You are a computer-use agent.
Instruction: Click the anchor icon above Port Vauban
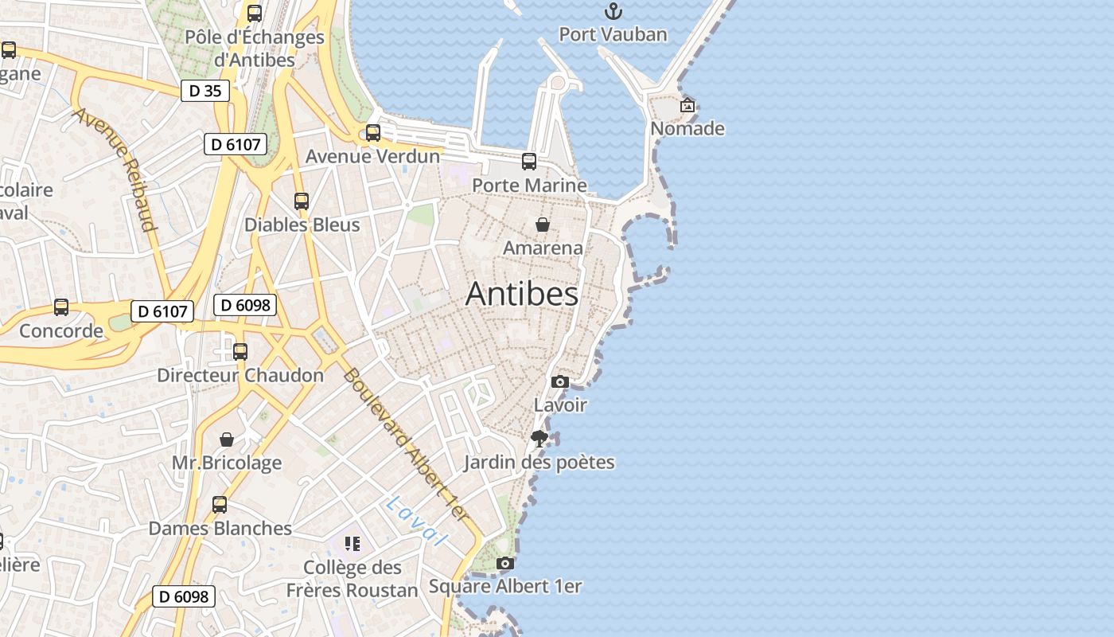pyautogui.click(x=613, y=11)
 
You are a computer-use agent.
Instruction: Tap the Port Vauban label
pyautogui.click(x=613, y=34)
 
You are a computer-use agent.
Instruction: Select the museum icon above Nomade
pyautogui.click(x=687, y=105)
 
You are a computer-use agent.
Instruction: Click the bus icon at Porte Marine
pyautogui.click(x=529, y=162)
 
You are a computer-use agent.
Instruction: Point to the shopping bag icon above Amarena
pyautogui.click(x=543, y=225)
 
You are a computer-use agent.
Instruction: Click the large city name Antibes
pyautogui.click(x=522, y=294)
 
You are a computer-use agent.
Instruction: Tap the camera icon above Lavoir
pyautogui.click(x=560, y=381)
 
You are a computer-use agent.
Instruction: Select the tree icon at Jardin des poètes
pyautogui.click(x=539, y=438)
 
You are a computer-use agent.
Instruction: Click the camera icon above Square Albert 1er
pyautogui.click(x=505, y=563)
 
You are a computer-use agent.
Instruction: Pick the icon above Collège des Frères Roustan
pyautogui.click(x=353, y=544)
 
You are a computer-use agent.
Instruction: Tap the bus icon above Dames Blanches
pyautogui.click(x=220, y=504)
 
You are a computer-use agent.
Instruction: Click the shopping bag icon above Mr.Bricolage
pyautogui.click(x=227, y=440)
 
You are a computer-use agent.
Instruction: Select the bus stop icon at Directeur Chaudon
pyautogui.click(x=240, y=351)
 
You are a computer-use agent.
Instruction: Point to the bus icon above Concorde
pyautogui.click(x=61, y=307)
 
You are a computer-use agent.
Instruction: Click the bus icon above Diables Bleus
pyautogui.click(x=302, y=201)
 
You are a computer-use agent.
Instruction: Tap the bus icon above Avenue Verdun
pyautogui.click(x=373, y=133)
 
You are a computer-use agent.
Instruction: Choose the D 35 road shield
pyautogui.click(x=204, y=91)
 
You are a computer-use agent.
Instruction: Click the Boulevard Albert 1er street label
pyautogui.click(x=407, y=445)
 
